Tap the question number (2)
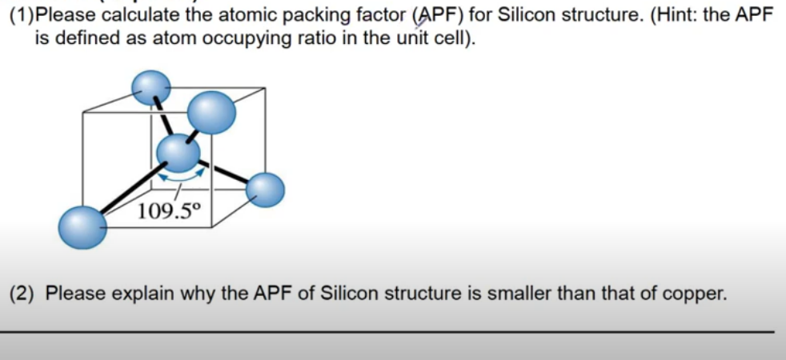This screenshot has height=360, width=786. coord(22,293)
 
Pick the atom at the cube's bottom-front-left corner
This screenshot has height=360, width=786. coord(82,226)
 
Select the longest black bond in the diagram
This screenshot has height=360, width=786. coord(128,191)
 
